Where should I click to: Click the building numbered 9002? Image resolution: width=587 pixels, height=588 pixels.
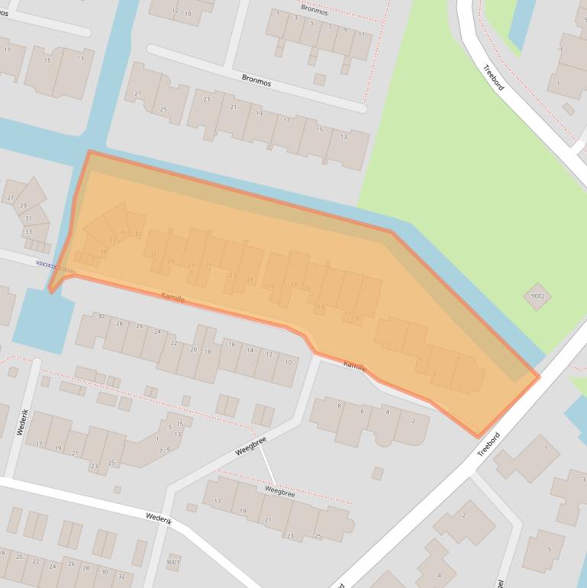tap(537, 296)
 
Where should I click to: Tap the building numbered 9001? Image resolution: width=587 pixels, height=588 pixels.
tap(173, 563)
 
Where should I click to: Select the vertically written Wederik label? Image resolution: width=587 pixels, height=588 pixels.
tap(21, 422)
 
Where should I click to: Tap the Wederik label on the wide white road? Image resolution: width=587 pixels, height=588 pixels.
tap(159, 518)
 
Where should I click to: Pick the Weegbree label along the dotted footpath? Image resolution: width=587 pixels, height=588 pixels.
tap(279, 493)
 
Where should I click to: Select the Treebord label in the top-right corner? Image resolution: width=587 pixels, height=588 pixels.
tap(494, 77)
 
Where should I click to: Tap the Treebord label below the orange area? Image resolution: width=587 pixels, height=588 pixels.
tap(488, 445)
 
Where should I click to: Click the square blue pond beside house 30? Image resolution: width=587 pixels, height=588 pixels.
tap(42, 321)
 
